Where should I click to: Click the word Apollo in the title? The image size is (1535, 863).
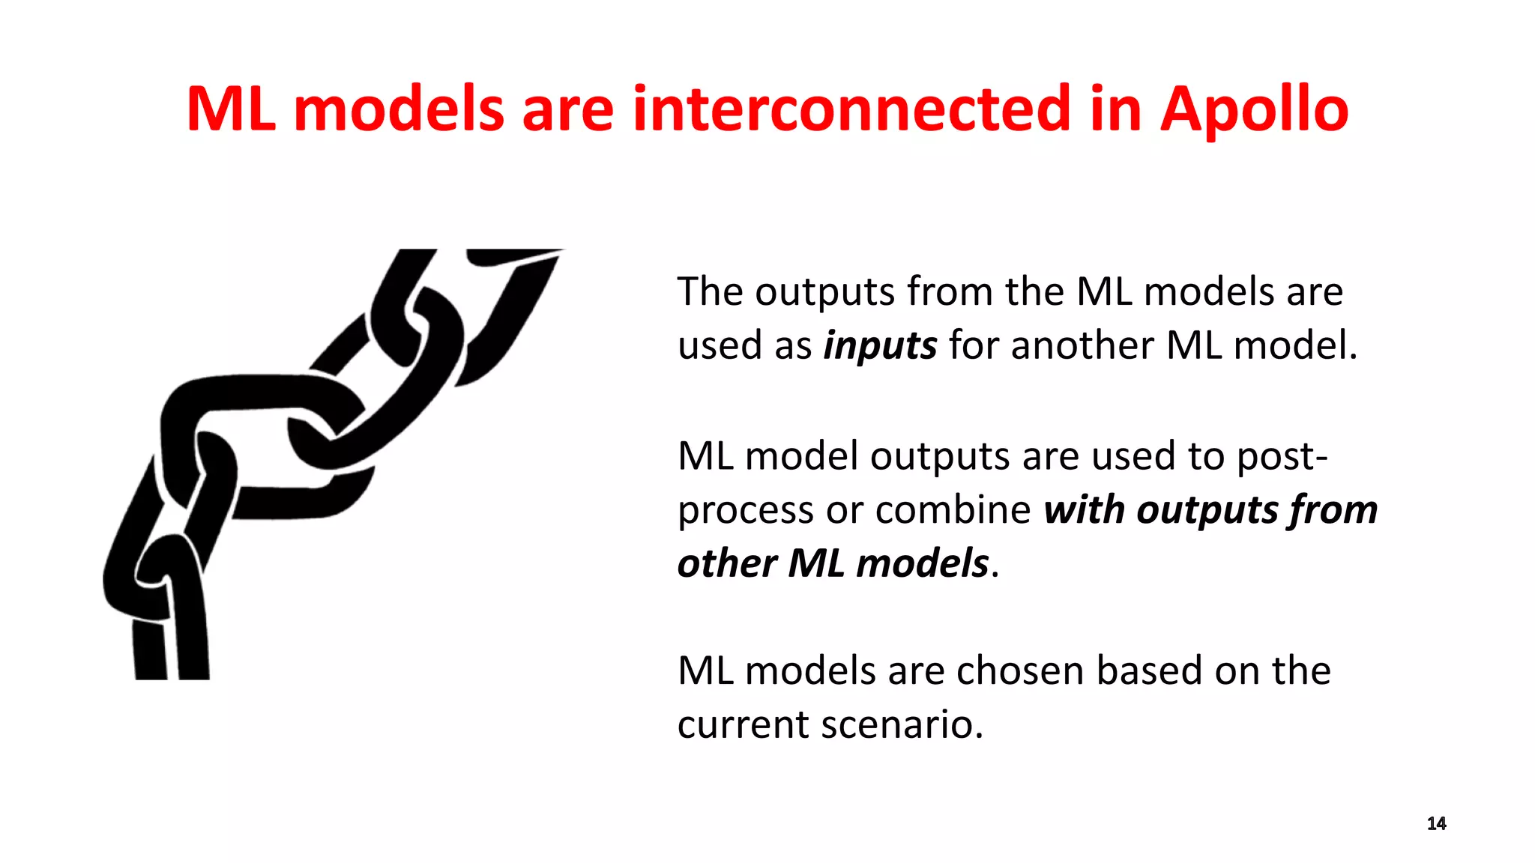coord(1254,109)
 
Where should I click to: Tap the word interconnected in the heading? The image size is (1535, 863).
coord(851,109)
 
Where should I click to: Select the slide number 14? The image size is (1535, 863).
coord(1436,823)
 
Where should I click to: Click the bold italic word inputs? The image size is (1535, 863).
coord(880,346)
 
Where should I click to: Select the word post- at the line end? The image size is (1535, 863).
coord(1282,457)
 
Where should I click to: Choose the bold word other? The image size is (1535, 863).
coord(726,563)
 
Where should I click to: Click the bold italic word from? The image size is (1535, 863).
coord(1333,510)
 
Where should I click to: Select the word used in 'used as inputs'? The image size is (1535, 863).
coord(720,346)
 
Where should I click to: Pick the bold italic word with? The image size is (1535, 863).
coord(1085,510)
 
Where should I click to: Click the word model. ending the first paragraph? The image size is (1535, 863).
coord(1295,346)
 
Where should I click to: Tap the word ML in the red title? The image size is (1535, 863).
coord(230,109)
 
